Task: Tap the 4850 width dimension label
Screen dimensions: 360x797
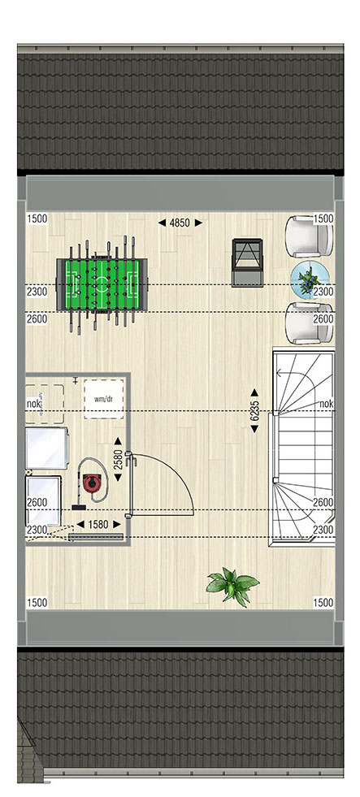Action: coord(180,223)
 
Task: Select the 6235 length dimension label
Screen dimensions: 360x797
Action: coord(255,411)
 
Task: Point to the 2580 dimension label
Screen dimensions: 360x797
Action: coord(118,460)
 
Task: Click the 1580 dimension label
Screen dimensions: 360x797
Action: coord(98,524)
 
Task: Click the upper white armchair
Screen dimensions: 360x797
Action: coord(308,237)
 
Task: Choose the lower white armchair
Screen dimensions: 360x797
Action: coord(309,323)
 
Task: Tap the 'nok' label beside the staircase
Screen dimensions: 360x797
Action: coord(327,404)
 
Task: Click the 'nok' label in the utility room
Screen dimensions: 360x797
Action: coord(33,404)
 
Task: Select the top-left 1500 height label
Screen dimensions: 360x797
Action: coord(37,219)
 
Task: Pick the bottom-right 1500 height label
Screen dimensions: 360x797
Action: coord(323,603)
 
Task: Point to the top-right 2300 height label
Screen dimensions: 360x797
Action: coord(323,292)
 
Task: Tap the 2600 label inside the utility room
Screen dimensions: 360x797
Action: coord(37,502)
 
